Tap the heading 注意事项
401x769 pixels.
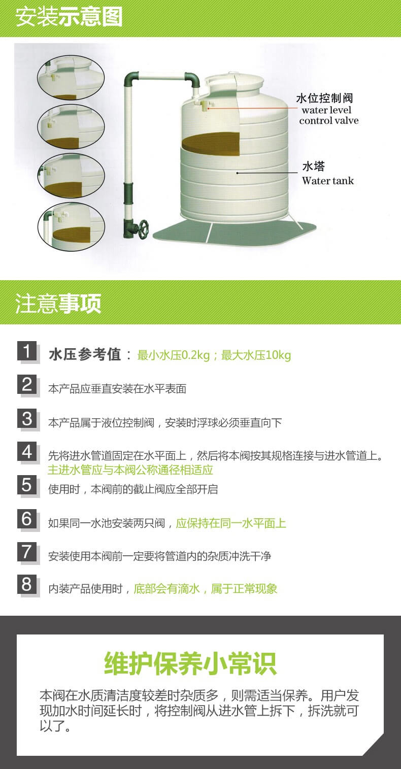[58, 303]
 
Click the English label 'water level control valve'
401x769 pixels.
[328, 115]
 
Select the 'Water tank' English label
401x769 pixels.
[328, 181]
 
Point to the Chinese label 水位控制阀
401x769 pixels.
[324, 98]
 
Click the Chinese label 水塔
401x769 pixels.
[314, 166]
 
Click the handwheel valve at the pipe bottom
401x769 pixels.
[142, 227]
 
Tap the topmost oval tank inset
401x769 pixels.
[71, 78]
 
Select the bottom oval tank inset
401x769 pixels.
[71, 226]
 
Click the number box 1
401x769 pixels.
[27, 351]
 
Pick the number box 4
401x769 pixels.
[27, 451]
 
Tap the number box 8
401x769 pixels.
[27, 584]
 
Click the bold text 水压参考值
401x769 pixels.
[85, 354]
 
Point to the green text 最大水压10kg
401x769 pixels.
[256, 355]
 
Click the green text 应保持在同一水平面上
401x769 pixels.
[231, 523]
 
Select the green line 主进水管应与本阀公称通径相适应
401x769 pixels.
[130, 470]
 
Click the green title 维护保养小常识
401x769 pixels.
[190, 663]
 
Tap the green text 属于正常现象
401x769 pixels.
[244, 589]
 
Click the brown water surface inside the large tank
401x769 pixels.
[211, 144]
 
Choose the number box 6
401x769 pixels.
[27, 519]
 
